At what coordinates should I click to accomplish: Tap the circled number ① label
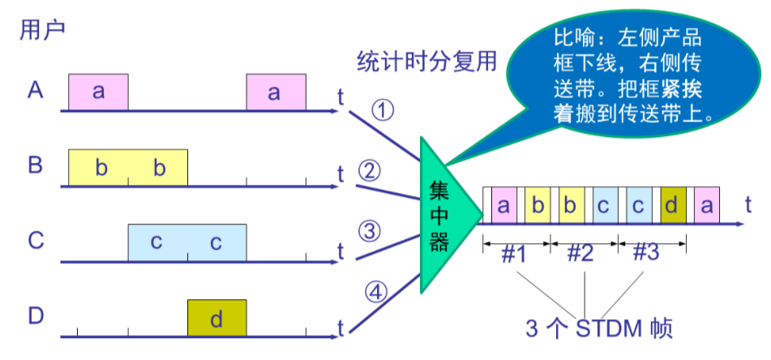coord(382,110)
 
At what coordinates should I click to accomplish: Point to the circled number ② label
coord(369,172)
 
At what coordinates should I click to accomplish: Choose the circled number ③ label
coord(369,232)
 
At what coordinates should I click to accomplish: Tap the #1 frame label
coord(516,254)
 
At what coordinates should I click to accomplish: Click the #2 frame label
coord(581,254)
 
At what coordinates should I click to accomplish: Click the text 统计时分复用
coord(426,63)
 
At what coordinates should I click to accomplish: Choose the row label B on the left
coord(36,165)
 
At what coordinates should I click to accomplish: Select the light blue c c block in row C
coord(187,242)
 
